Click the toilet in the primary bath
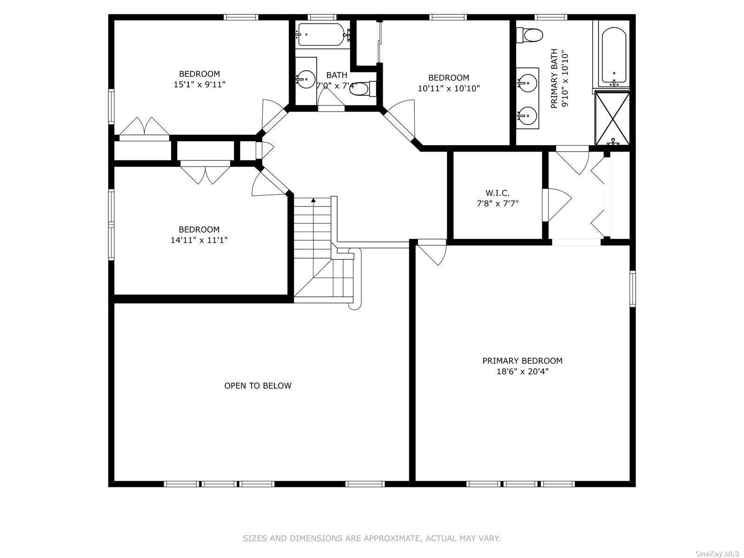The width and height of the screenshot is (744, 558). pos(530,35)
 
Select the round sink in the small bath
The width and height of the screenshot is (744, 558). pos(306,80)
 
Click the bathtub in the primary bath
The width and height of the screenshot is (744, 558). pos(614,57)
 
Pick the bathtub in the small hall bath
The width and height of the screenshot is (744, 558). pos(322,34)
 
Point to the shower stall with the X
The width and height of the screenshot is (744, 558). pos(612,118)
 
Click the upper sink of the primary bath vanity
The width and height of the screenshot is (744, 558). pos(527,82)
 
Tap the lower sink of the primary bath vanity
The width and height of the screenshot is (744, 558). pos(527,115)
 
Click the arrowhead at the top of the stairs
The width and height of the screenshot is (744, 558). pos(313,200)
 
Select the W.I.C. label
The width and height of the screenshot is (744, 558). pos(498,193)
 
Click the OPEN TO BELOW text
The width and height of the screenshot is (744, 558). pos(258,385)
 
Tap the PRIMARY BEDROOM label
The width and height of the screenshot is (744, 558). pos(522,361)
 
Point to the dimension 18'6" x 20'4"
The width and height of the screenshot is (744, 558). pos(522,372)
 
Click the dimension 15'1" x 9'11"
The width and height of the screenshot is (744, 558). pos(199,84)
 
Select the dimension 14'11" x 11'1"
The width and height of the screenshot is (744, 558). pos(199,240)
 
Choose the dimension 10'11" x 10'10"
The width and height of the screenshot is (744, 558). pos(449,88)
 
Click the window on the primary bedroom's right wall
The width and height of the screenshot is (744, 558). pos(632,289)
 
